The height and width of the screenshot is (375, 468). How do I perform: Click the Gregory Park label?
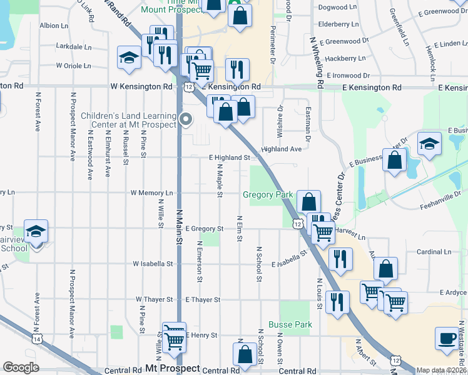(268, 195)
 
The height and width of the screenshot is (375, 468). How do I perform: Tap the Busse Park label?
(290, 325)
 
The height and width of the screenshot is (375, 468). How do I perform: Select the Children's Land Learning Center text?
(130, 120)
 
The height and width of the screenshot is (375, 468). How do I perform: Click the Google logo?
(21, 367)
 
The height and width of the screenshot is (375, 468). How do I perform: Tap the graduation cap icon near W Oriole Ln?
(129, 57)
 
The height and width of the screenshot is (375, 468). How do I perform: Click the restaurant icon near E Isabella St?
(340, 259)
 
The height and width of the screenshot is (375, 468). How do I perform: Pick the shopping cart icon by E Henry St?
(175, 337)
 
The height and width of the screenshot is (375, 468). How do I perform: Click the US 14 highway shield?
(38, 339)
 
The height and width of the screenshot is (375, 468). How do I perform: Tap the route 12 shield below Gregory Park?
(297, 223)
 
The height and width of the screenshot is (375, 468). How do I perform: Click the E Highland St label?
(230, 158)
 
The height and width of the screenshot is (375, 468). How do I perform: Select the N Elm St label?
(240, 229)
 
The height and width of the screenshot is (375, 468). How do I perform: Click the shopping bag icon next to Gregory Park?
(308, 202)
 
